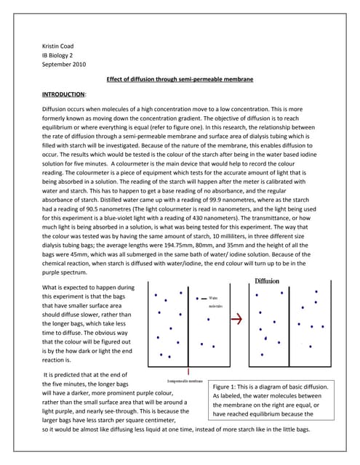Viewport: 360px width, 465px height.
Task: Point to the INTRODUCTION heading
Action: click(x=63, y=94)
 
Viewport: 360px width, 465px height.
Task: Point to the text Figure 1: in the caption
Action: click(x=226, y=387)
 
